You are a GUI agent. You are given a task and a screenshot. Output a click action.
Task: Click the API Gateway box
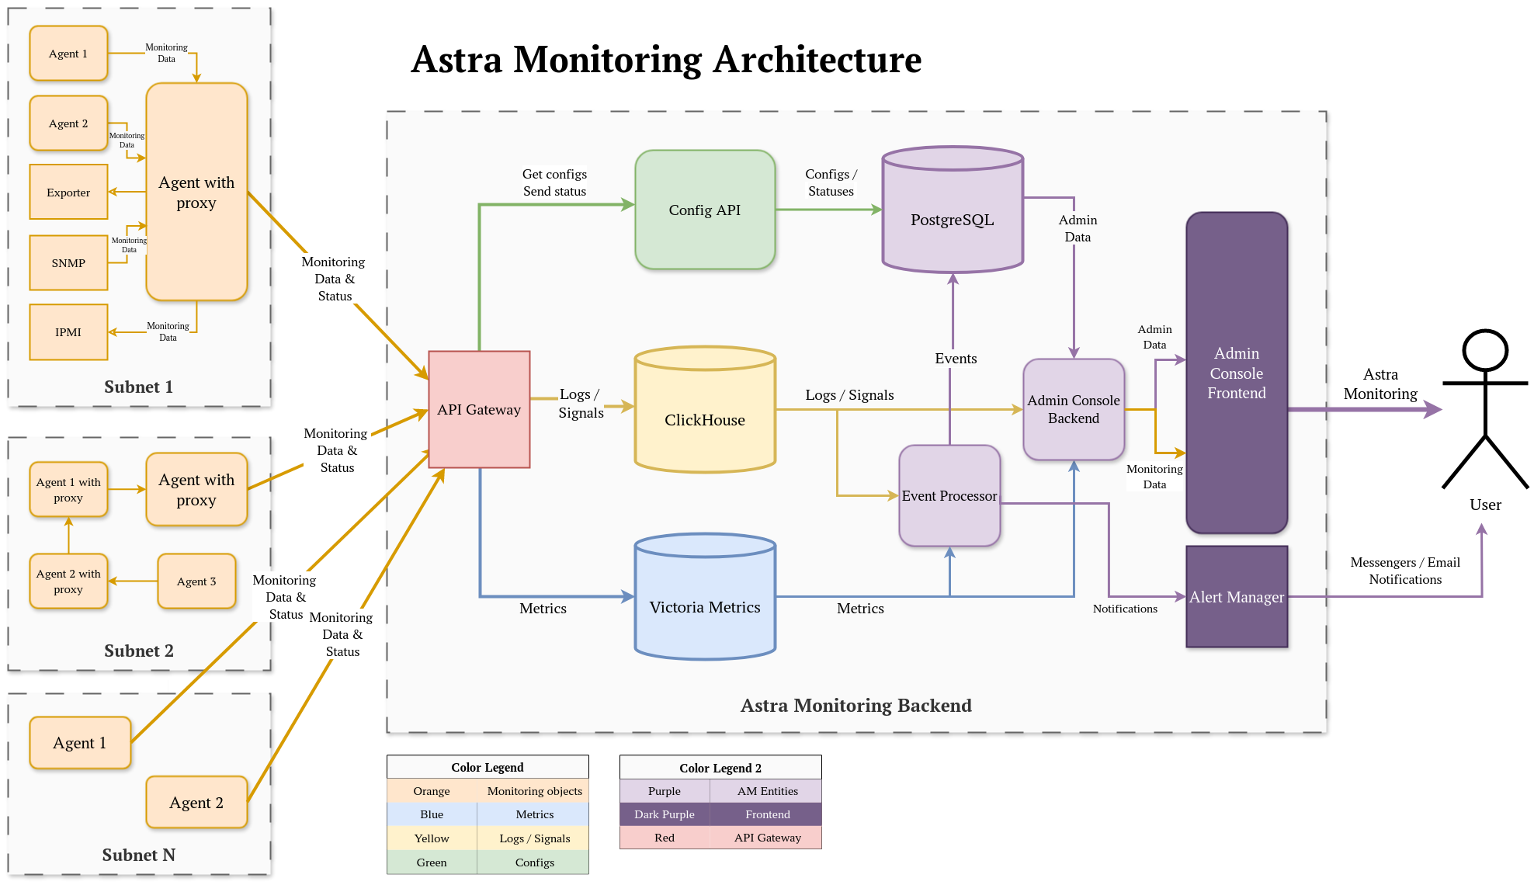point(479,409)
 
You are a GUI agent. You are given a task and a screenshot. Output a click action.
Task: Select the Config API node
point(705,210)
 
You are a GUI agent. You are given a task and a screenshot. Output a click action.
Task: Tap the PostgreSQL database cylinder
point(953,220)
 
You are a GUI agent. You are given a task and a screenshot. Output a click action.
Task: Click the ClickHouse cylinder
point(705,419)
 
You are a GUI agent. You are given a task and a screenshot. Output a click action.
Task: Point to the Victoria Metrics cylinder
point(705,607)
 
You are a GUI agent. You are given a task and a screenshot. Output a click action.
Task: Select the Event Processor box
point(949,495)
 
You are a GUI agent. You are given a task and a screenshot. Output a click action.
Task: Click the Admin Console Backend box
point(1074,409)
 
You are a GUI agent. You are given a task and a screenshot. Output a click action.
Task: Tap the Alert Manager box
point(1237,596)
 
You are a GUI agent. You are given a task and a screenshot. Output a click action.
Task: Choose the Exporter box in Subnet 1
point(68,192)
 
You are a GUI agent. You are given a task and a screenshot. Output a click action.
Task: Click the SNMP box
point(68,262)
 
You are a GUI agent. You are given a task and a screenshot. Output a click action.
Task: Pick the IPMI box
point(68,331)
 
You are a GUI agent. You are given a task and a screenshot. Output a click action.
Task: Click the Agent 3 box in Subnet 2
point(196,581)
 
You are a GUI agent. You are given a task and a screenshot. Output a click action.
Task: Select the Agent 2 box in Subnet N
point(196,802)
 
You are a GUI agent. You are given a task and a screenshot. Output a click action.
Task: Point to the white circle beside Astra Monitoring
point(1485,350)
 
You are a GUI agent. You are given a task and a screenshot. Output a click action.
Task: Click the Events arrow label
point(956,358)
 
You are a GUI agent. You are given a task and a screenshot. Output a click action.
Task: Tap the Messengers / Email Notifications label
point(1405,571)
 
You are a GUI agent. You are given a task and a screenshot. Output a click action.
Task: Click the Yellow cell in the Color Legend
point(432,838)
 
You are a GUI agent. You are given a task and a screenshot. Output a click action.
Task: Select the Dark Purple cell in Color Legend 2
point(665,814)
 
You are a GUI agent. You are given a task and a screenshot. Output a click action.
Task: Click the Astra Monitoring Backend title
point(855,705)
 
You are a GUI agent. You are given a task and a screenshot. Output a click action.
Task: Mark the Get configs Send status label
point(554,182)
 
